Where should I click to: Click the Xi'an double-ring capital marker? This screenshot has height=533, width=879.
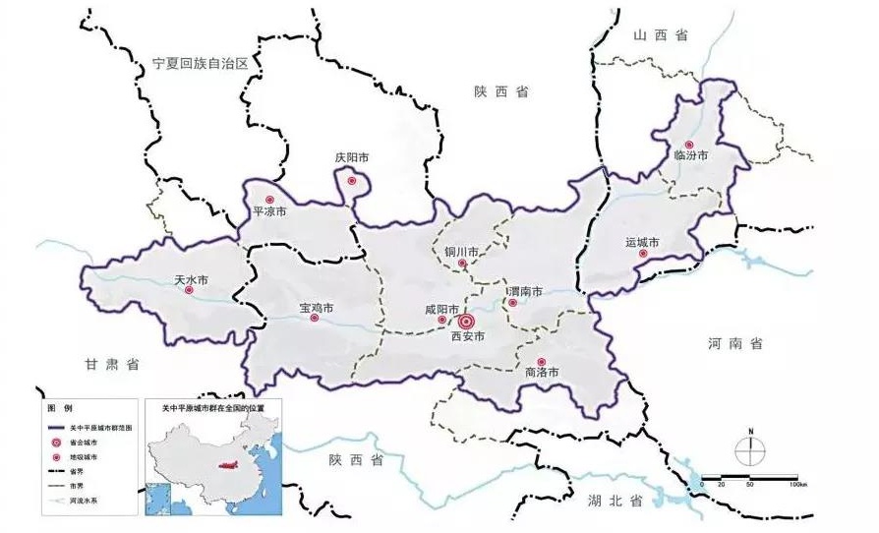[x=467, y=321]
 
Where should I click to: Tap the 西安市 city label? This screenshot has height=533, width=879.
[x=468, y=337]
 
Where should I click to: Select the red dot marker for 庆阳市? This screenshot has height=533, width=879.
[x=352, y=181]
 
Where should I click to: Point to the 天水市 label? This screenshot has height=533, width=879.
[x=191, y=279]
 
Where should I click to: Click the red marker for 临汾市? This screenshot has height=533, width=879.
[x=688, y=145]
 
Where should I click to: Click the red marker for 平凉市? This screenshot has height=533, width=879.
[x=269, y=200]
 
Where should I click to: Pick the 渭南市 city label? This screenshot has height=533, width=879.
[x=525, y=291]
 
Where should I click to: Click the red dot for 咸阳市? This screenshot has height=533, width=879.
[x=441, y=320]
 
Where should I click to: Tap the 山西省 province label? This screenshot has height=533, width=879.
[x=660, y=34]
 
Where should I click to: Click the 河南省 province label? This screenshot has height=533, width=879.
[x=734, y=344]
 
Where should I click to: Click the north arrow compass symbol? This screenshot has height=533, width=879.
[x=750, y=450]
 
